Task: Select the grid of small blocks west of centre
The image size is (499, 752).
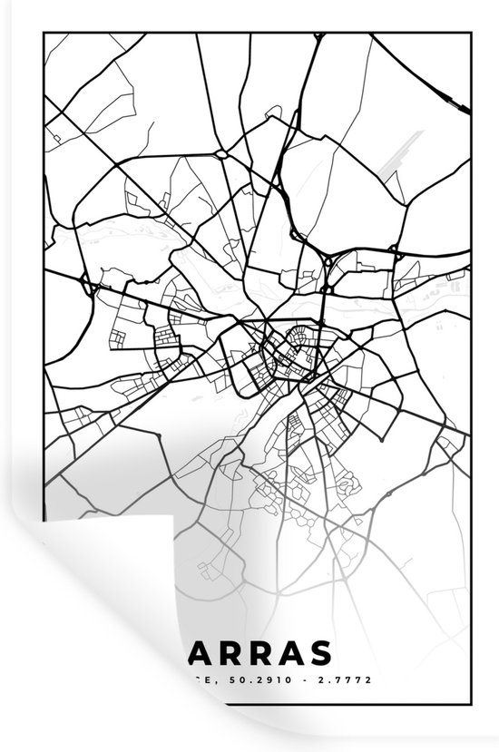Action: (168, 344)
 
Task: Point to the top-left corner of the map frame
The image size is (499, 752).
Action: (44, 32)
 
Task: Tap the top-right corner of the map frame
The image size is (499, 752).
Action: (471, 32)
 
